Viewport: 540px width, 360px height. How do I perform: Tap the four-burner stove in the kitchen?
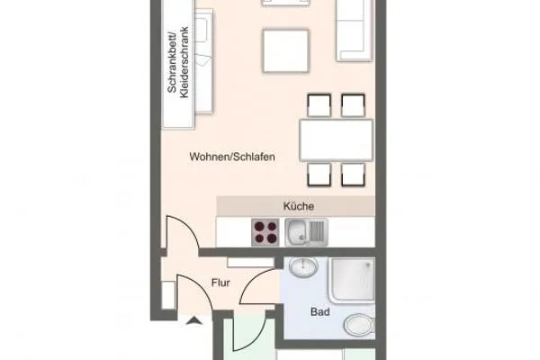click(x=265, y=233)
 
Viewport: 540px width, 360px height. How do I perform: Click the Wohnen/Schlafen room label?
click(x=231, y=156)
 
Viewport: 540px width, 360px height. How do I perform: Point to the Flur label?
click(x=220, y=283)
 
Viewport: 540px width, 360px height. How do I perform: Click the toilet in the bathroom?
click(x=359, y=325)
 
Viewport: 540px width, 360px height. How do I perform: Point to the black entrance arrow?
click(x=192, y=317)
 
